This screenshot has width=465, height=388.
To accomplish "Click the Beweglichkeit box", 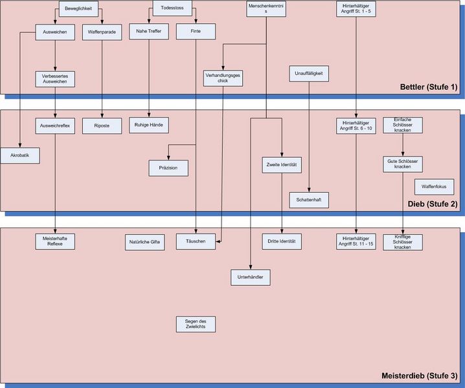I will tap(78, 9).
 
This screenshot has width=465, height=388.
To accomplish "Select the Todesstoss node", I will tap(172, 9).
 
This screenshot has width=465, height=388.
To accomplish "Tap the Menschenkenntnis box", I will tap(267, 9).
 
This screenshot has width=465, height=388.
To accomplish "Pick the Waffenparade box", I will tap(102, 33).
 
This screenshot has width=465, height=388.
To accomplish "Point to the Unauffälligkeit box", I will tap(309, 74).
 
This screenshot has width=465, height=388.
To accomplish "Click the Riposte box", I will tap(102, 125).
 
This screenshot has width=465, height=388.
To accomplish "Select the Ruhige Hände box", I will tap(149, 125).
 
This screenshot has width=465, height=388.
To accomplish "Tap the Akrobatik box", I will tap(20, 156).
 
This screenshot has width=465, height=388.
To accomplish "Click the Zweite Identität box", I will tap(282, 165).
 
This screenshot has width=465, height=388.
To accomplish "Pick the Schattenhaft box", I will tap(309, 200).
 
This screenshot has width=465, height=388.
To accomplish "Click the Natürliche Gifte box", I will tap(144, 242).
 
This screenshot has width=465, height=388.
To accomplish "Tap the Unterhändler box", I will tap(250, 277).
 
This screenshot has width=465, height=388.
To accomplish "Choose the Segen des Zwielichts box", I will tap(196, 324).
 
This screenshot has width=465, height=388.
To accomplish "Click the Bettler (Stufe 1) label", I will tap(429, 87).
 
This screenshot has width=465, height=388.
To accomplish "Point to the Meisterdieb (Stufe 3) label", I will tap(420, 376).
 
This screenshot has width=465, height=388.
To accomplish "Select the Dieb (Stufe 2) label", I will tap(433, 204).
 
